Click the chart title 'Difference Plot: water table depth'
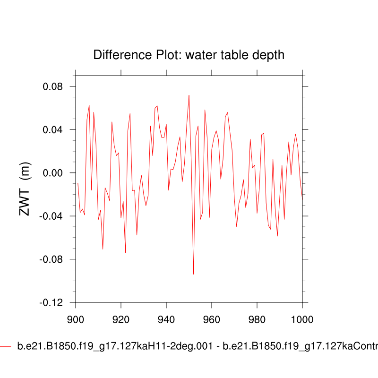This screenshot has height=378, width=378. [x=189, y=55]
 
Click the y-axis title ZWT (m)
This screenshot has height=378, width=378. [x=25, y=189]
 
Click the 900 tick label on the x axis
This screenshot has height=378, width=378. [x=76, y=318]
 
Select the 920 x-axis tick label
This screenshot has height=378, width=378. [x=121, y=318]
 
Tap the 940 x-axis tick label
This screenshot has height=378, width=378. [x=166, y=318]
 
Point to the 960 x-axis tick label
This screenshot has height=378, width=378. [x=212, y=318]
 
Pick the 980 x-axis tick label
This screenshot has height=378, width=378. [x=257, y=318]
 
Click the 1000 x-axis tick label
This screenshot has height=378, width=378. [x=302, y=318]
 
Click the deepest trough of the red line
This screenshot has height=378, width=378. [x=193, y=274]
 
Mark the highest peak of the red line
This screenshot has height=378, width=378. [x=189, y=95]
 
